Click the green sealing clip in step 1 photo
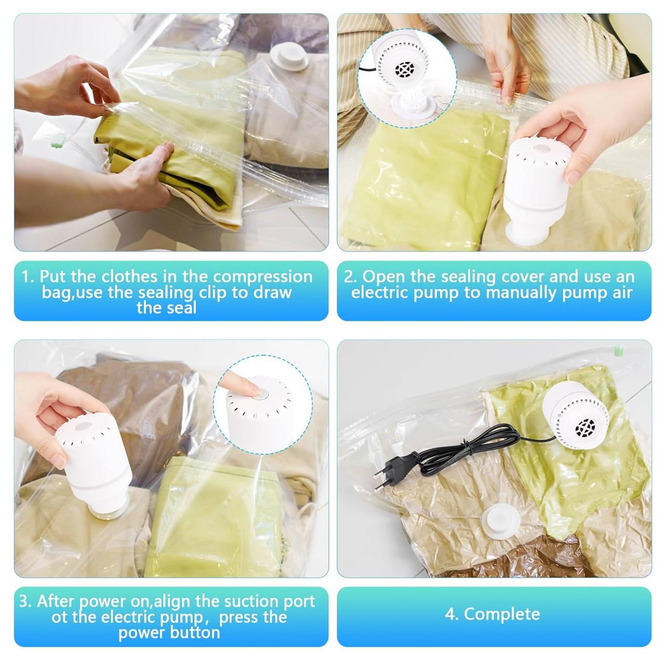[x=58, y=141]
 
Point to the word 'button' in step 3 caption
[x=195, y=633]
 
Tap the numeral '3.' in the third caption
[x=25, y=601]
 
